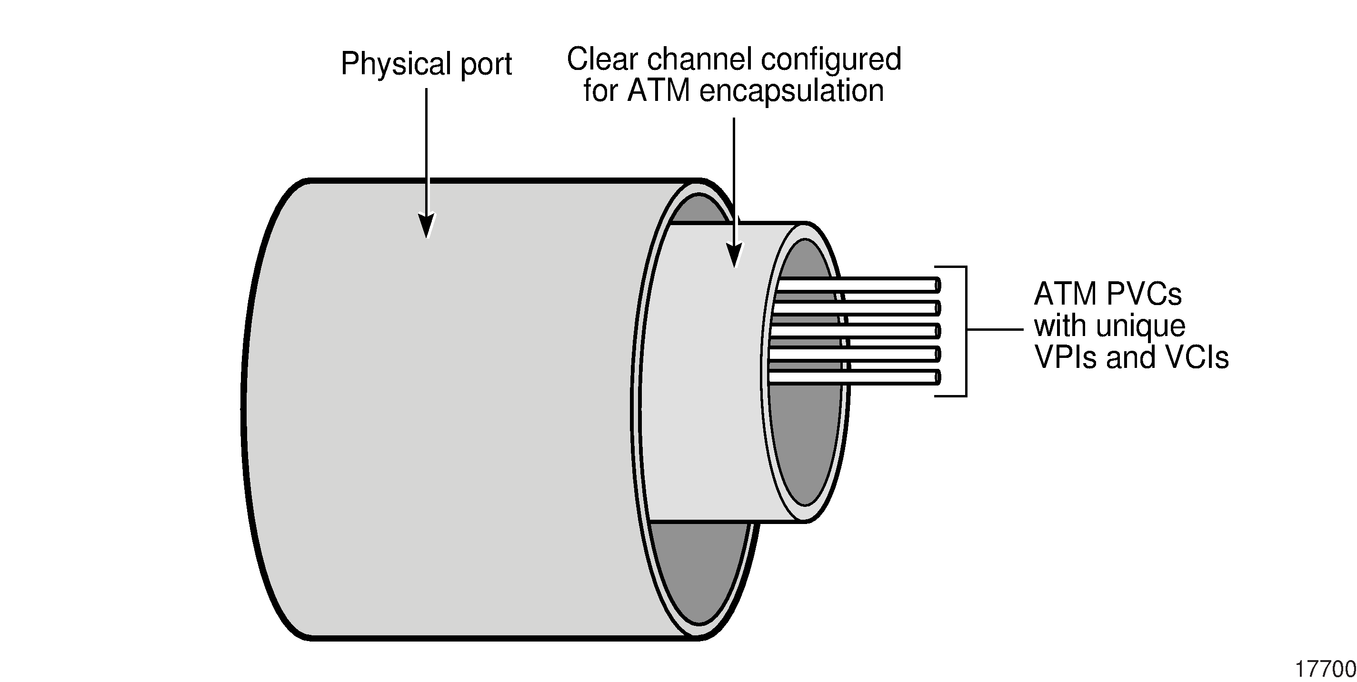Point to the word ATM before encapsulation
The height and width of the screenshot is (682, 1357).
(x=659, y=90)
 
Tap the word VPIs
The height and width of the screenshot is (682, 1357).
(x=1066, y=357)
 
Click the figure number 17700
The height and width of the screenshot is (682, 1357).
(x=1325, y=669)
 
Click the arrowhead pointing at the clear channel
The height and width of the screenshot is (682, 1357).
(x=734, y=255)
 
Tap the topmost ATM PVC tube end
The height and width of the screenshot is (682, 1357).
(x=937, y=285)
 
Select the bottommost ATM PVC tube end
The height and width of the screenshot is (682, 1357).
(x=937, y=377)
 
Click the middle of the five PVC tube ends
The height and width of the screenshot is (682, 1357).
(x=937, y=331)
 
